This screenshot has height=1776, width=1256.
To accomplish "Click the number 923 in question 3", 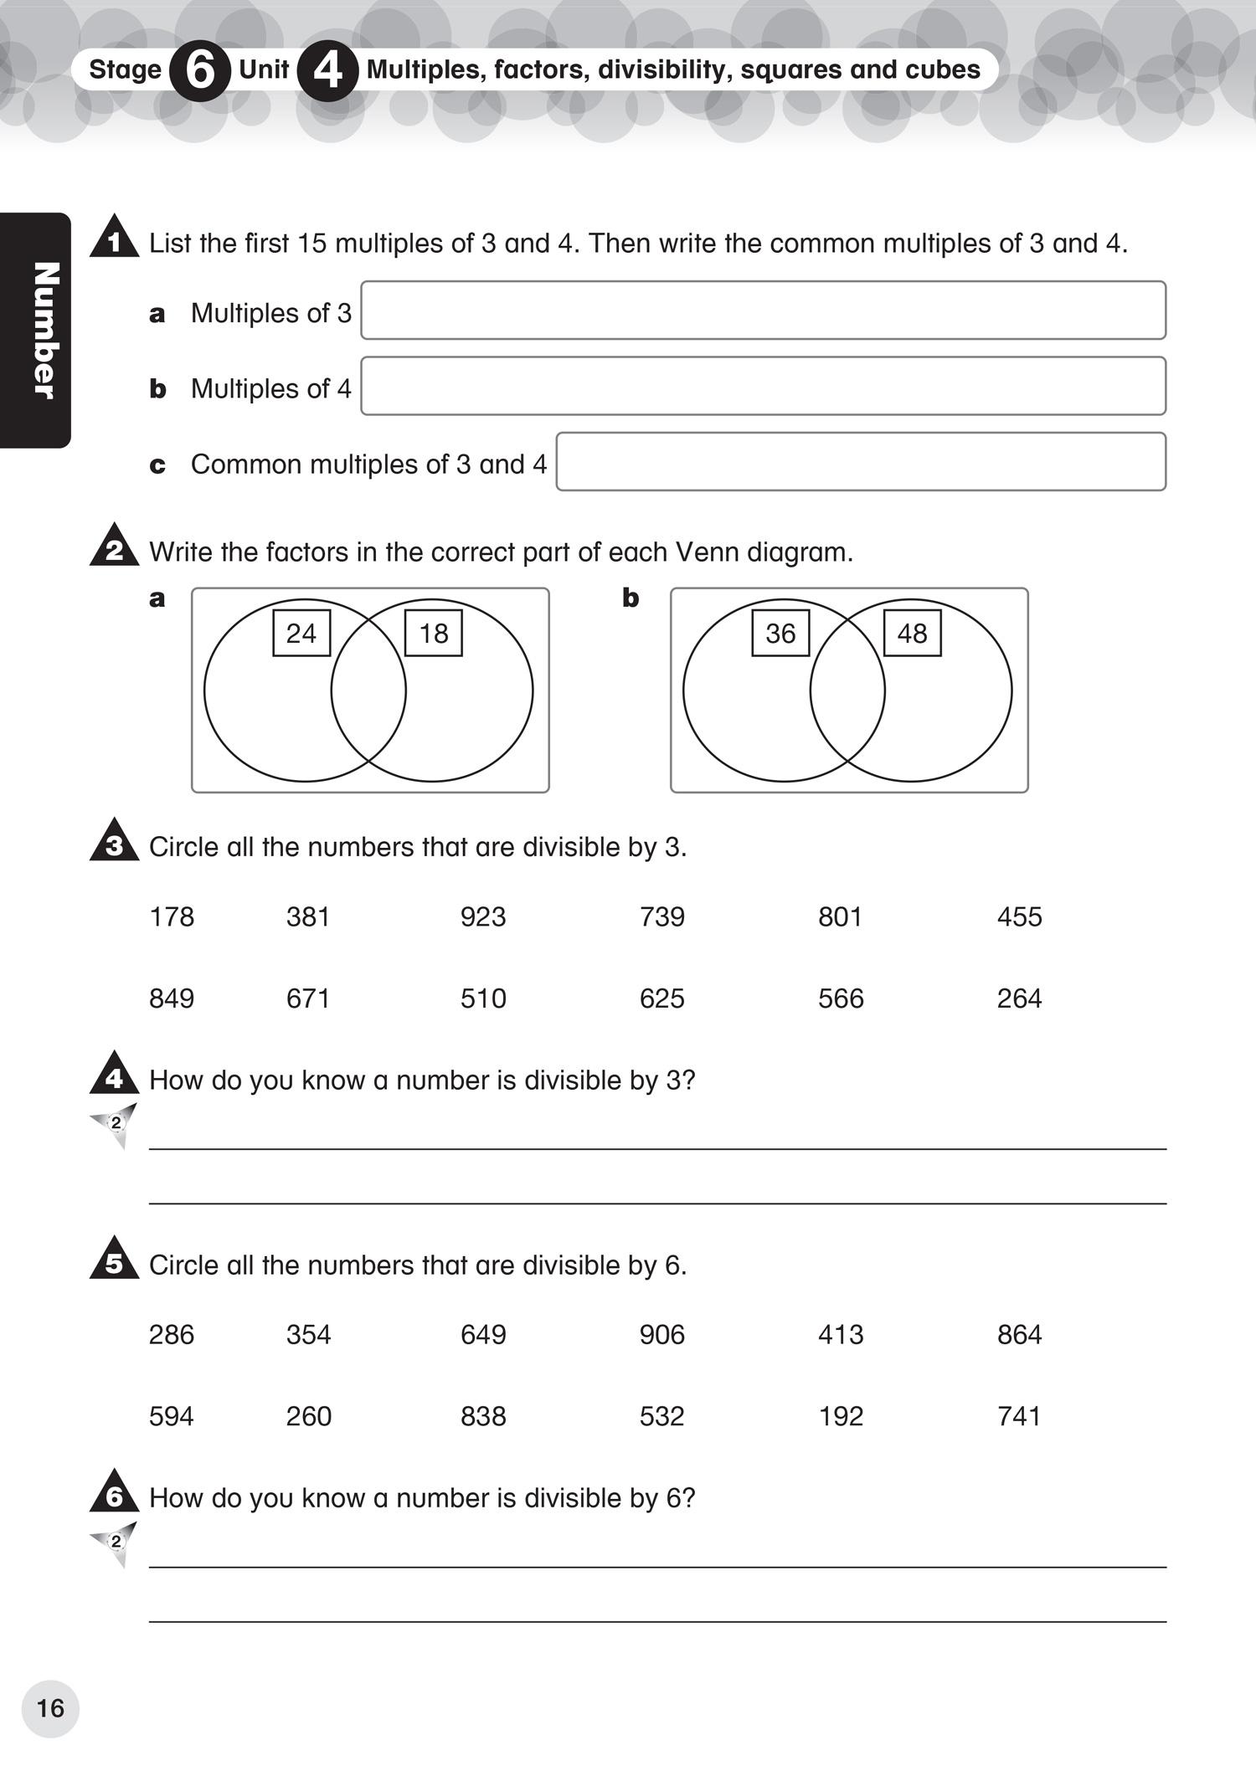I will point(483,916).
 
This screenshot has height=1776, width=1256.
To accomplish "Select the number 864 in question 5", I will point(1019,1334).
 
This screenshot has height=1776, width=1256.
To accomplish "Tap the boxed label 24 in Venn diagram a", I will point(301,633).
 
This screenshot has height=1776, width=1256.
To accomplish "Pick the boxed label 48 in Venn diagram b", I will point(912,633).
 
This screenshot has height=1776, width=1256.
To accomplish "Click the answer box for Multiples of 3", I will point(763,311).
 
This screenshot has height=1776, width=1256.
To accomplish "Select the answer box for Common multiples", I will point(861,462).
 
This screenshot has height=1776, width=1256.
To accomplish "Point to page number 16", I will point(50,1708).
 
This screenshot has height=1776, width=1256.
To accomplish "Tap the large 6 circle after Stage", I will point(199,71).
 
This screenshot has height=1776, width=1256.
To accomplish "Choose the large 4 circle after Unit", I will point(327,71).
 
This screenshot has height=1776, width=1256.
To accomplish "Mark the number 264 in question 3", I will point(1019,998).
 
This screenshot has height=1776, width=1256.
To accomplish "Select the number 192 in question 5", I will point(840,1416).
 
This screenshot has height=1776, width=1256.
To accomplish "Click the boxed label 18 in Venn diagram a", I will point(434,633).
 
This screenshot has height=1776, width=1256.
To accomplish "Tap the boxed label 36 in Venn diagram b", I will point(780,633).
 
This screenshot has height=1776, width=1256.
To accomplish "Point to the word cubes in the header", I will point(945,69).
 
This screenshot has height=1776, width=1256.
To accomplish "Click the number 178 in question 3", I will point(172,916).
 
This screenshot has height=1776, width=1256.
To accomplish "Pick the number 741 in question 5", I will point(1019,1416).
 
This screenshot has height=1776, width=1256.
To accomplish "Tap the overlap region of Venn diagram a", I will point(368,691).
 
